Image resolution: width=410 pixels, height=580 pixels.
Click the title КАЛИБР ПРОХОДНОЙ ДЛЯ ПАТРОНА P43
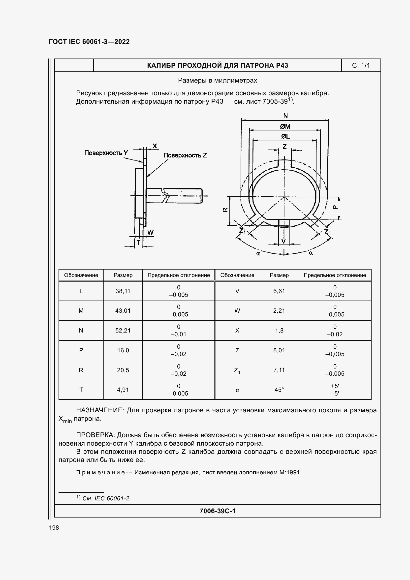(217, 65)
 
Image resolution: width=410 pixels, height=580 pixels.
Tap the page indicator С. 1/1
(361, 66)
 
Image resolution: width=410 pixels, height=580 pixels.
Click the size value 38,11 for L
(123, 291)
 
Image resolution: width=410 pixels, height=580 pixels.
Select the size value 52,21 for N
(123, 330)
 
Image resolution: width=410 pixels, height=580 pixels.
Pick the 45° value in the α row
(279, 390)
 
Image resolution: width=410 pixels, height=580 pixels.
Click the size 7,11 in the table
(279, 370)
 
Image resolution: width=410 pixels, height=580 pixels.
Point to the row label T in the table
(81, 390)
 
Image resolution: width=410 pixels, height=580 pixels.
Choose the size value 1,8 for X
(279, 330)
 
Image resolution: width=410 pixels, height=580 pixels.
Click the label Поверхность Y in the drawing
(106, 153)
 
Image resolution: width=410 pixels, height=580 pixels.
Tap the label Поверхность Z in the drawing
(185, 155)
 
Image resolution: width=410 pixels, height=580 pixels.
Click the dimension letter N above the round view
(285, 116)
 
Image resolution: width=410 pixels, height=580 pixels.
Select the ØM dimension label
(285, 126)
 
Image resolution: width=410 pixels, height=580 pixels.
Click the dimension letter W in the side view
(150, 232)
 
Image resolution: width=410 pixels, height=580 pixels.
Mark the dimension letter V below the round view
(284, 241)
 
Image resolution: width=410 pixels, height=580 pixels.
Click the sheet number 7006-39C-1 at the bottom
(217, 511)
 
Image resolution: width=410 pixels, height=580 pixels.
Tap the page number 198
(54, 528)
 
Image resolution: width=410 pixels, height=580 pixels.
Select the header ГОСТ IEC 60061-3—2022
(89, 42)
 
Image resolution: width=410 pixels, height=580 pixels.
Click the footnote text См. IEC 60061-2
(106, 498)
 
